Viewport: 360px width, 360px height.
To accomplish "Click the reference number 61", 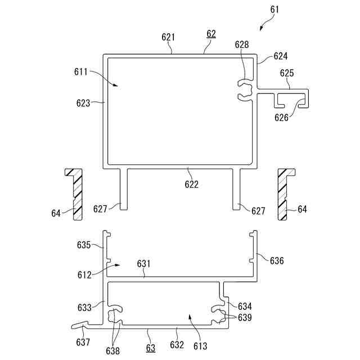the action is coord(273,10).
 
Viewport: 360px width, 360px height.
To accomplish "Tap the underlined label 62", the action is coord(211,34).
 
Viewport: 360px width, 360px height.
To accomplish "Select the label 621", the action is coord(168,37).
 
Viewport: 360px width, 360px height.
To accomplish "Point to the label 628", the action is coord(242,44).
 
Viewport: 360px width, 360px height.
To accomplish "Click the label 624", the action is coord(280,56).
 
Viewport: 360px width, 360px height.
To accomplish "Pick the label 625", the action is coord(287,73).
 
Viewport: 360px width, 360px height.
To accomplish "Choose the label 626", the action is coord(281,117).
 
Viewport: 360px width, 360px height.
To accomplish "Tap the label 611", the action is coord(81,72).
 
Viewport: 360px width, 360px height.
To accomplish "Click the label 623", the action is coord(83,103).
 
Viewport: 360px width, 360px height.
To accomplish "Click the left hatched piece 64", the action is coord(74,193).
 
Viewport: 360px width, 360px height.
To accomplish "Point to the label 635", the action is coord(83,245).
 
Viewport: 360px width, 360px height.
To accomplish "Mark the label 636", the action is coord(277,260).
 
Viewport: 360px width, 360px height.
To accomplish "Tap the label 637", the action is coord(83,341).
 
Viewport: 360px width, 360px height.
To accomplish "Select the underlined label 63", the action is coord(150,348).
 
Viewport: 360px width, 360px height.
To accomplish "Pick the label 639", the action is coord(244,318).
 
